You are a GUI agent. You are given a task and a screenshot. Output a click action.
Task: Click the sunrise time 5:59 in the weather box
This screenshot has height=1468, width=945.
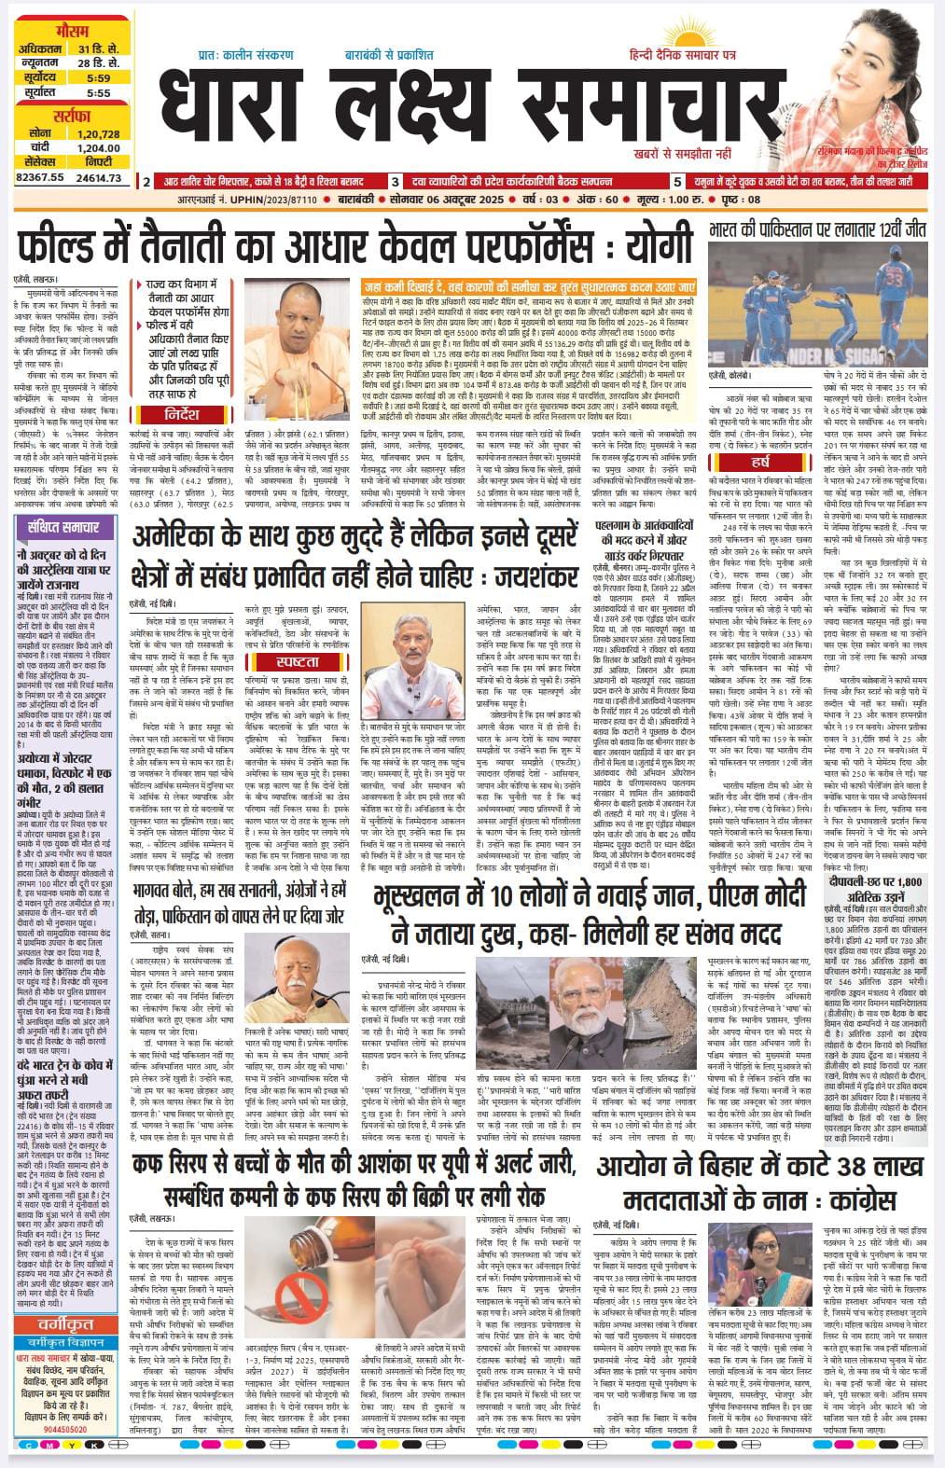pyautogui.click(x=98, y=77)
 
